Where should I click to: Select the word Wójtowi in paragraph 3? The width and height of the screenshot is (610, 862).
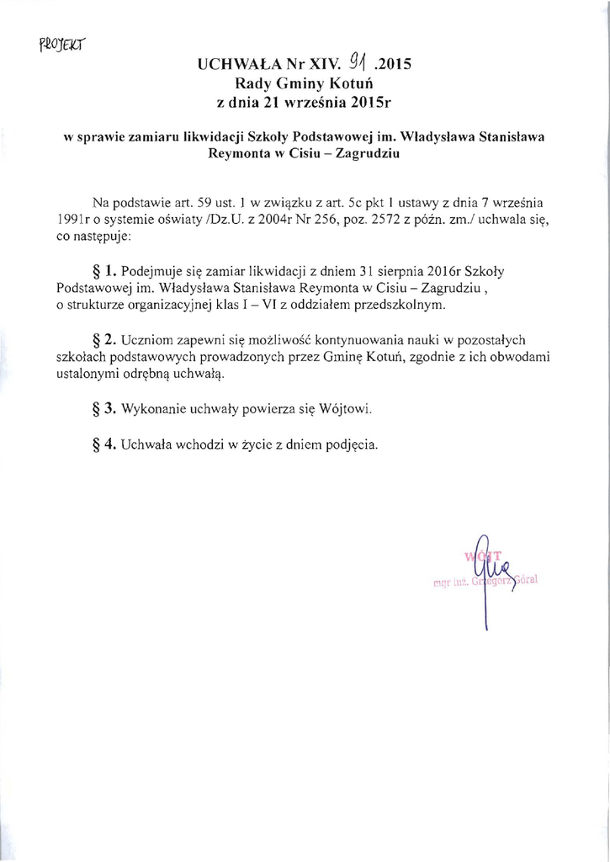coord(347,410)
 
